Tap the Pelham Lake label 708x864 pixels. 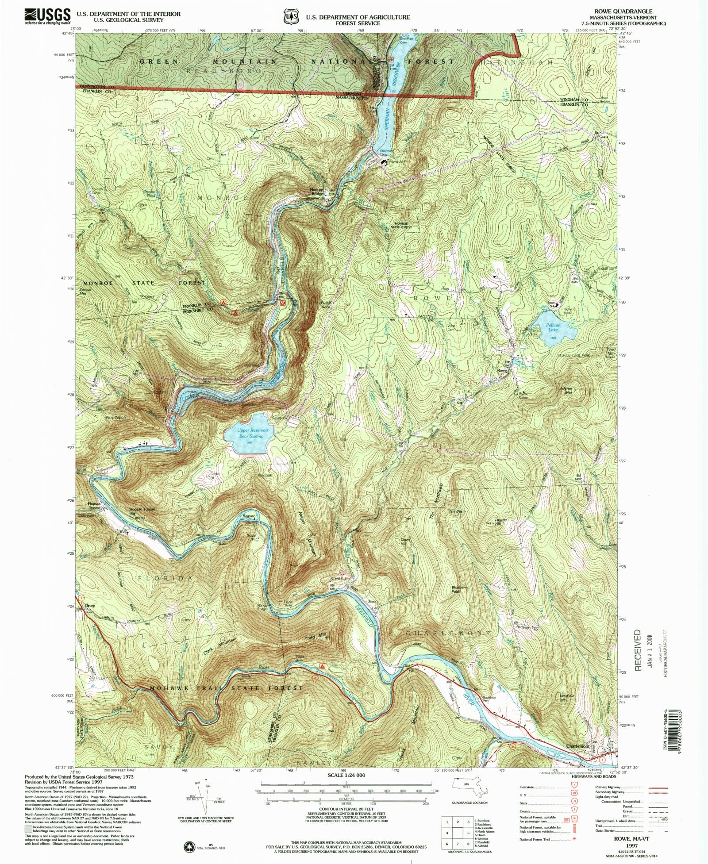554,327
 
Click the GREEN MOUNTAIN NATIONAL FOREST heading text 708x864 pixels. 296,61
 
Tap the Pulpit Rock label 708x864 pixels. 326,305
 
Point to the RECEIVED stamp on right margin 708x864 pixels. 638,651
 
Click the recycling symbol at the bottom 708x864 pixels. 190,847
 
